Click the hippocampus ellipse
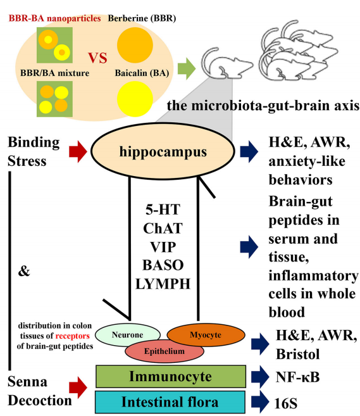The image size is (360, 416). [x=163, y=151]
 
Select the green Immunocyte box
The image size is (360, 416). [x=171, y=376]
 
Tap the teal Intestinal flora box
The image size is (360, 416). [x=170, y=402]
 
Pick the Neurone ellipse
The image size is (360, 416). [x=128, y=335]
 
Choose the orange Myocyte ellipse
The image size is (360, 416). [x=206, y=335]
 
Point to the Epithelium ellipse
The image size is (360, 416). [x=164, y=351]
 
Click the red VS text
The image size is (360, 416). [x=97, y=58]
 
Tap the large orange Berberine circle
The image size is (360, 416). [x=135, y=45]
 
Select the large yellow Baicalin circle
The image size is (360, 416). [x=135, y=99]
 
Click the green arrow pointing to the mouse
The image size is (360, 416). [x=187, y=68]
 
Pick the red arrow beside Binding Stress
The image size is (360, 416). [x=78, y=152]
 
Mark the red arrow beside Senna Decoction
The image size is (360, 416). [x=78, y=388]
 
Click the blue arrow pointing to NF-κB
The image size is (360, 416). [x=260, y=377]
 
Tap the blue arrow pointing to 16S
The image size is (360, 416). [x=260, y=402]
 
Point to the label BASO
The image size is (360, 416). [x=163, y=265]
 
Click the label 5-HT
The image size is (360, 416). [x=163, y=210]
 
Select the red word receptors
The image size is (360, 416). [x=72, y=336]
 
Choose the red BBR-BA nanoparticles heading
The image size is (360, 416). [x=54, y=18]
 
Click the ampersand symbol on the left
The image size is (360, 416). [x=24, y=271]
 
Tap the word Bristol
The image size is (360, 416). [x=298, y=354]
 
